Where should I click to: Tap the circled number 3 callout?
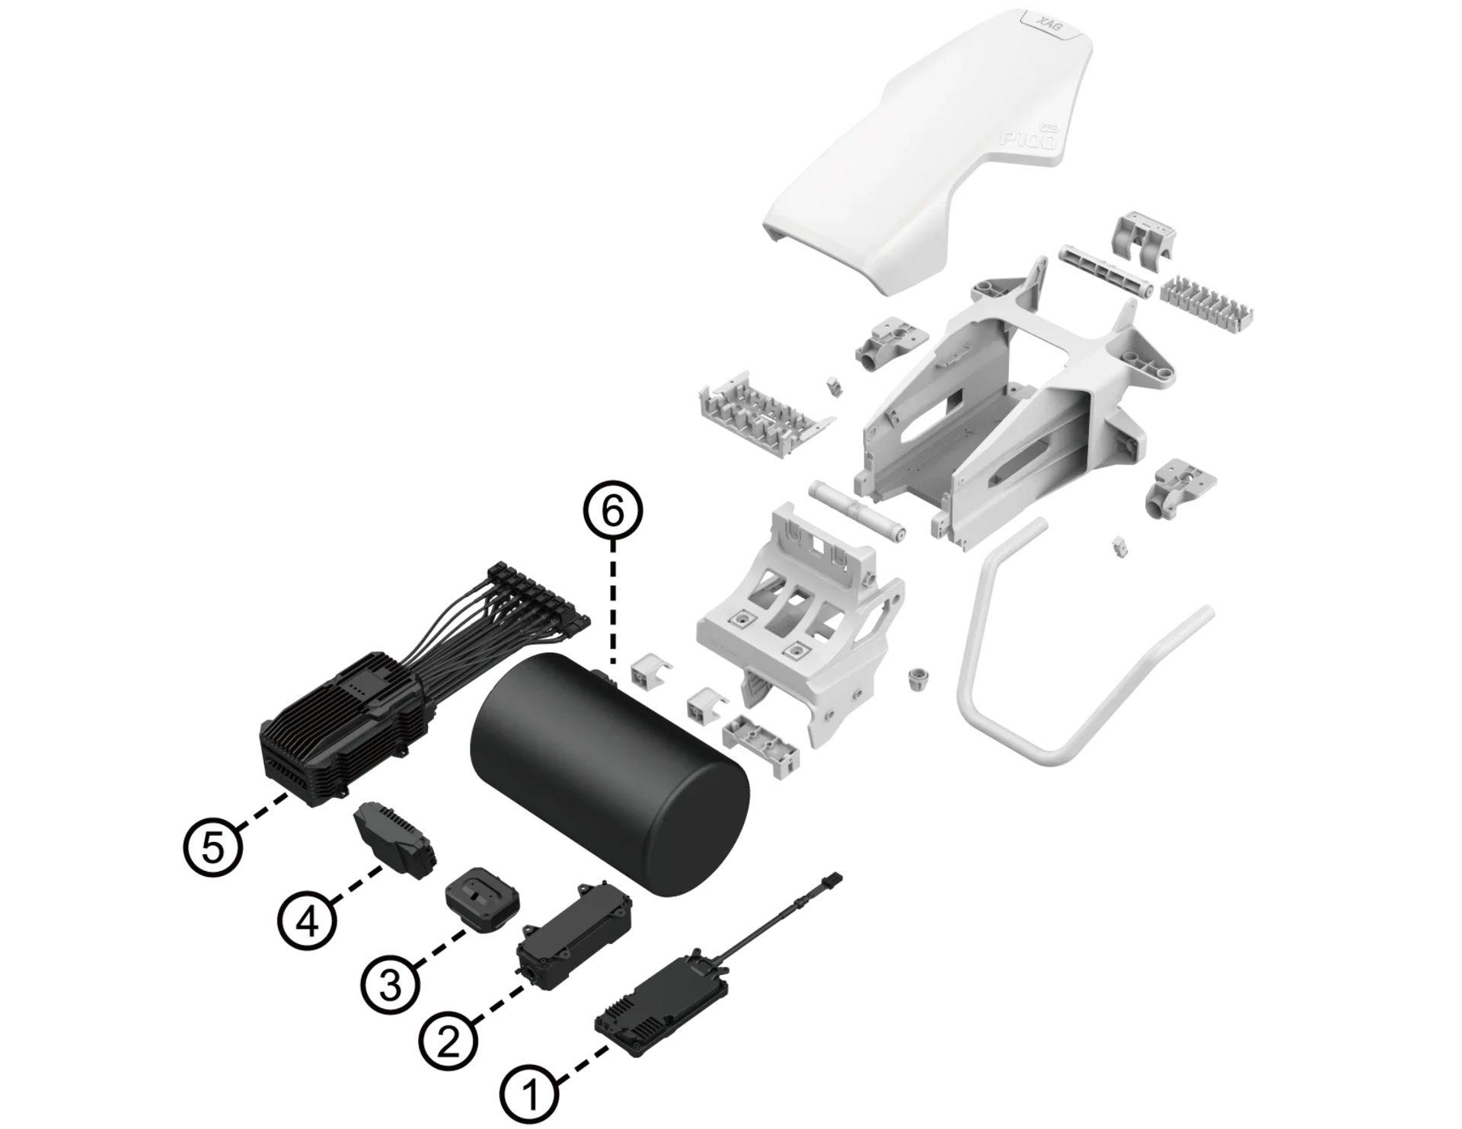click(390, 985)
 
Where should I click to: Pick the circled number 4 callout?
click(308, 922)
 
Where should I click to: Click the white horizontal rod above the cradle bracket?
click(856, 509)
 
